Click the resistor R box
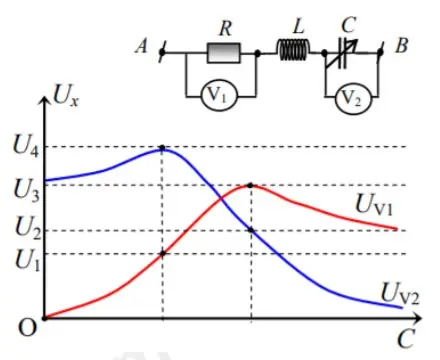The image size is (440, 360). [x=221, y=51]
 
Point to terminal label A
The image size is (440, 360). [x=142, y=47]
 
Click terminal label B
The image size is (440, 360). [x=402, y=46]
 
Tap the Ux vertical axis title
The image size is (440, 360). [x=66, y=102]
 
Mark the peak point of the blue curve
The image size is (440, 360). [x=163, y=148]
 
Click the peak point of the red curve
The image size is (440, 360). [x=250, y=185]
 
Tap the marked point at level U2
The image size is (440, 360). [x=250, y=231]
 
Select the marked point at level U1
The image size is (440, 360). [x=163, y=253]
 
